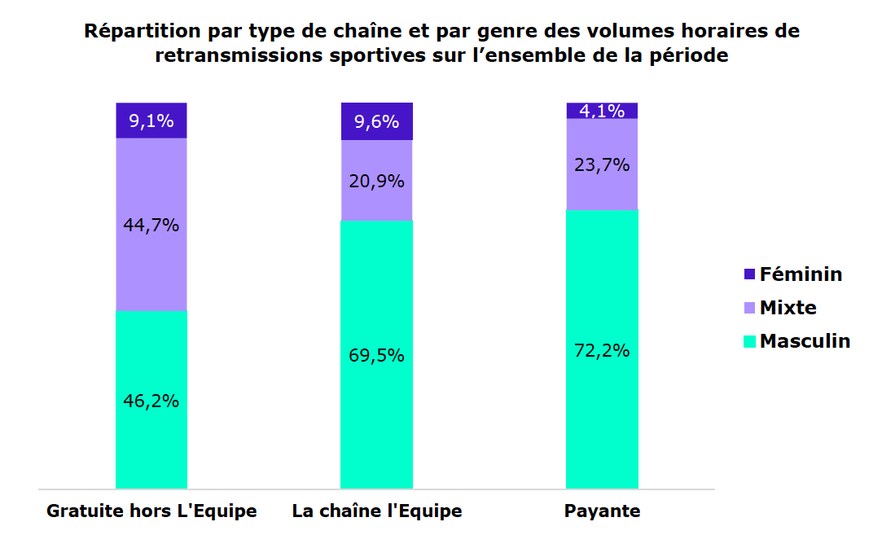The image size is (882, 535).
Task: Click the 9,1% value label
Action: pos(151,121)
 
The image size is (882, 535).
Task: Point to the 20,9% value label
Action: pos(376,182)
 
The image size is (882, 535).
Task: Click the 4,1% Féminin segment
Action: pos(602,111)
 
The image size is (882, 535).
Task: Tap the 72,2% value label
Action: pos(602,351)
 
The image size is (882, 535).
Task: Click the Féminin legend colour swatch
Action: pos(750,274)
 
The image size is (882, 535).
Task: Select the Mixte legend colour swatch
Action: pos(750,308)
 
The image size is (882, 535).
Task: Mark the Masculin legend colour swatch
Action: pos(750,341)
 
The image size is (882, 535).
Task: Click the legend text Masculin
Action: pos(805,341)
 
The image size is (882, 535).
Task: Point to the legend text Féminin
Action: pos(801,274)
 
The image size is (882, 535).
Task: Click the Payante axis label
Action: pos(602,511)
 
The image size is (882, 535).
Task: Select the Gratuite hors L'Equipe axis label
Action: pos(151,511)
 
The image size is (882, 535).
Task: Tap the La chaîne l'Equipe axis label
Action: pos(376,511)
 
